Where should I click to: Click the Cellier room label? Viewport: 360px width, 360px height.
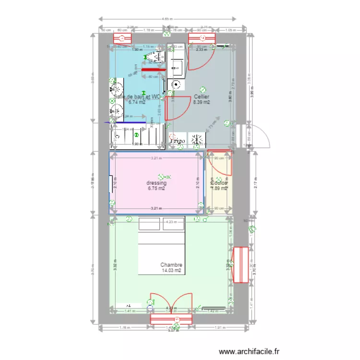coord(202,96)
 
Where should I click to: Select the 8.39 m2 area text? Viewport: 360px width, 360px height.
coord(202,102)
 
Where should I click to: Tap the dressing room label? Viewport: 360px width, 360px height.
coord(156,183)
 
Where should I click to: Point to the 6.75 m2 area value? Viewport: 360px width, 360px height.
coord(156,189)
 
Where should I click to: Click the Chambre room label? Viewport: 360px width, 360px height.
coord(171,264)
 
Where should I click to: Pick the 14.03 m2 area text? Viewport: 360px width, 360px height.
coord(171,271)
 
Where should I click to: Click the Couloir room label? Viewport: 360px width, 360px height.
coord(219,183)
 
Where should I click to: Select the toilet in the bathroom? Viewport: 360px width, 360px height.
coord(155,56)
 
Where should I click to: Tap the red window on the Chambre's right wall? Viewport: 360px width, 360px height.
coord(240,265)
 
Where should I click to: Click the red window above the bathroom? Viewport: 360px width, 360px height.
coord(122,38)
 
